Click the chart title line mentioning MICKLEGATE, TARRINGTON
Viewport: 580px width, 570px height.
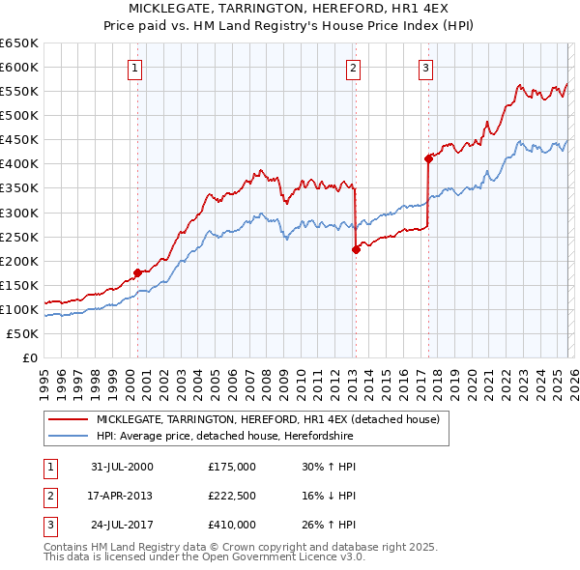tap(290, 9)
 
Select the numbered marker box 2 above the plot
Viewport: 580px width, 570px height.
tap(354, 68)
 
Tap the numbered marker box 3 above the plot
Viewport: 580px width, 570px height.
tap(425, 68)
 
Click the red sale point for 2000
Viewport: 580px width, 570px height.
tap(138, 272)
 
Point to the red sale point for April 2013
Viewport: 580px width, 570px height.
tap(356, 249)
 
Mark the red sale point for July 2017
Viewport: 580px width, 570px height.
tap(428, 158)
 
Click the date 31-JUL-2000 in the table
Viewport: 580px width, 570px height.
tap(122, 467)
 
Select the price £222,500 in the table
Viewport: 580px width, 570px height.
tap(232, 496)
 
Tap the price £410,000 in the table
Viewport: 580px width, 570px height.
tap(232, 525)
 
